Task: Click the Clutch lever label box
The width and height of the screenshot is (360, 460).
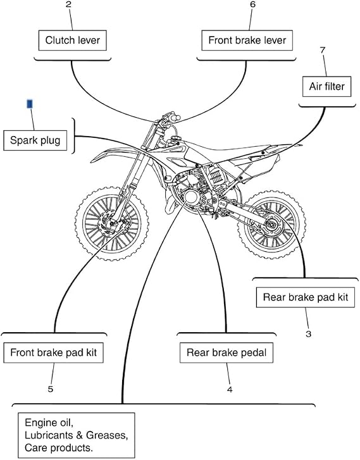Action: point(73,40)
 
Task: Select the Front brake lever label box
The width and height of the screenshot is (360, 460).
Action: point(247,40)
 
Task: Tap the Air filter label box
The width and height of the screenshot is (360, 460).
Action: point(326,87)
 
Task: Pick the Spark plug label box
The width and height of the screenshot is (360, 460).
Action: point(35,140)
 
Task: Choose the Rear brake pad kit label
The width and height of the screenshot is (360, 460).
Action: point(306,297)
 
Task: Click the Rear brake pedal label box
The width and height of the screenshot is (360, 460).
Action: point(227,352)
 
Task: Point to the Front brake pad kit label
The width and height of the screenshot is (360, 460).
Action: point(53,352)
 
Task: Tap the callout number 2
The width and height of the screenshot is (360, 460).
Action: point(69,5)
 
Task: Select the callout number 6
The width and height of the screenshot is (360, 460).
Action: point(252,4)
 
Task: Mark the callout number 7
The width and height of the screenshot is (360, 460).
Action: point(323,50)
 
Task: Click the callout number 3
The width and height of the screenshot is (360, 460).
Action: point(308,334)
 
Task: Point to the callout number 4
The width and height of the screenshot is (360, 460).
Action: point(230,389)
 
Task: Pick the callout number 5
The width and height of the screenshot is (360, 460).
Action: point(51,389)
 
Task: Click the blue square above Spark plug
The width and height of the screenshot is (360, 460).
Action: point(30,104)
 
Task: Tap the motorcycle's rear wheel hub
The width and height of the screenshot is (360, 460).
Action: point(271,225)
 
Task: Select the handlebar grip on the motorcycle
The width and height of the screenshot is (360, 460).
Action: point(175,118)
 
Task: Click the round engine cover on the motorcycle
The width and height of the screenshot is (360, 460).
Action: point(191,197)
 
